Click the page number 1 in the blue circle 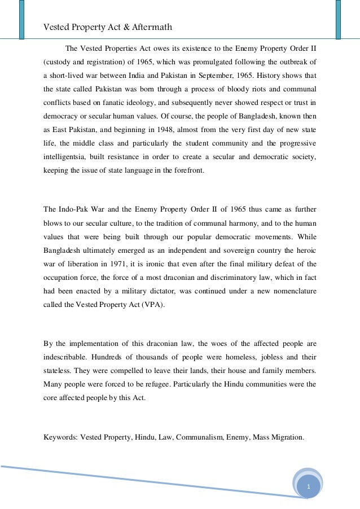309,486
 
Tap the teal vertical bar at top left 21,20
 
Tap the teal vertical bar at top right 338,20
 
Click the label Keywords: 61,436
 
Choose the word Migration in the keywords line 287,436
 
